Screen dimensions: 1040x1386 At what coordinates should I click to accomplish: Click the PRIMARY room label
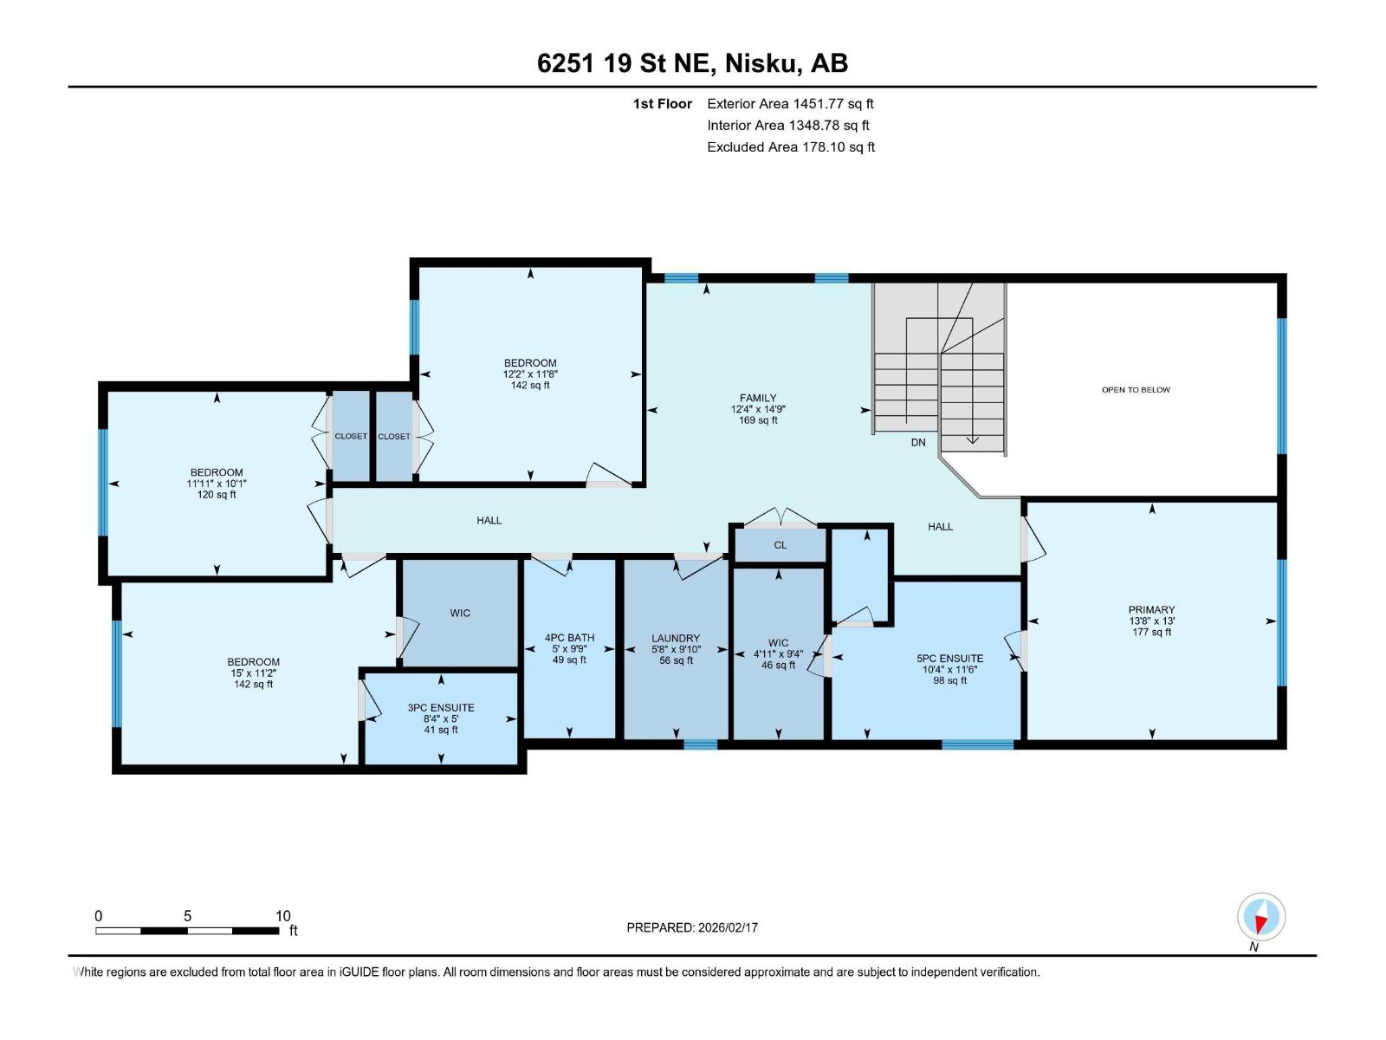1151,610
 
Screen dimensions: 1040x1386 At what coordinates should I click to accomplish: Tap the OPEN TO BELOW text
1136,390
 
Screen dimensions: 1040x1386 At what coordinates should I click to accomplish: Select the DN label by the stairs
918,443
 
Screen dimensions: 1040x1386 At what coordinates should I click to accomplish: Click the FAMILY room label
758,399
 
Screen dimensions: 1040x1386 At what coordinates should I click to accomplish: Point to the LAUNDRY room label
676,639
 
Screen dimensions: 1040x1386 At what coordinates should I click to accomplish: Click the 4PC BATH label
569,638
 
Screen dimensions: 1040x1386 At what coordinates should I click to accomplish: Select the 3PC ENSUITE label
441,708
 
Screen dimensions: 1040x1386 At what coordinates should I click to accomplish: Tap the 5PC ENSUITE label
950,659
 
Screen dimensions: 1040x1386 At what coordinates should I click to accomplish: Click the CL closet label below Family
780,545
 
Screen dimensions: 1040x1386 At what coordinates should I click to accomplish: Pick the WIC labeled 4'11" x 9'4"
778,643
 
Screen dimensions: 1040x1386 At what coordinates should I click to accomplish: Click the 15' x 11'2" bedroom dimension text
253,673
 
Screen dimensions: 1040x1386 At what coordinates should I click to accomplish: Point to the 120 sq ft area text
217,495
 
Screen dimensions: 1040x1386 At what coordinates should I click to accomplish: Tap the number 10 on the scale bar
282,916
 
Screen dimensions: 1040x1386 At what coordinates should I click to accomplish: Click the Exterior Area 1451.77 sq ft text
790,104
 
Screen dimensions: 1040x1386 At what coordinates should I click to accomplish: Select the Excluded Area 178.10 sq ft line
790,147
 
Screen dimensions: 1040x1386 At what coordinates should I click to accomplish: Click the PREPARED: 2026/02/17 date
692,927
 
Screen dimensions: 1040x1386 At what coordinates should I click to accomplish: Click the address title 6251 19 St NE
692,63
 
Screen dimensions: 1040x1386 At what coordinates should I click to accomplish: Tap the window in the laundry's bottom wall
700,744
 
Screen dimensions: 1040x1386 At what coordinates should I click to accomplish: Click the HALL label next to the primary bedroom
940,527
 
